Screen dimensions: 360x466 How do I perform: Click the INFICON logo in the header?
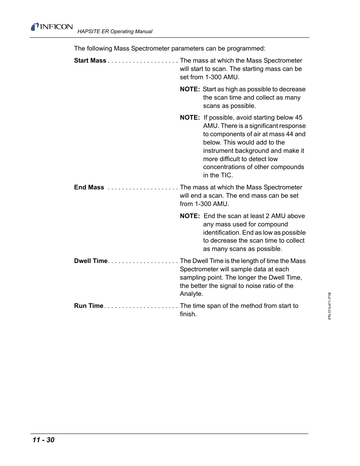(x=52, y=27)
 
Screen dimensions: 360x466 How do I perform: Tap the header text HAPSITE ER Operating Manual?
(x=115, y=32)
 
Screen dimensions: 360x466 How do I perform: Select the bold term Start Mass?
(x=90, y=61)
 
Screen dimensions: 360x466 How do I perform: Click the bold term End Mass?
(x=89, y=188)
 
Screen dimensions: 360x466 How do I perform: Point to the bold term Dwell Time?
(x=91, y=261)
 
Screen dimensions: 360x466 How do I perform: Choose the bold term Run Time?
(x=89, y=306)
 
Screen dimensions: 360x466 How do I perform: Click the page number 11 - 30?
(x=43, y=440)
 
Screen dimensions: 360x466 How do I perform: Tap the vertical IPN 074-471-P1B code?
(x=329, y=306)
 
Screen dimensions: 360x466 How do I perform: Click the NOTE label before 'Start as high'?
(x=190, y=89)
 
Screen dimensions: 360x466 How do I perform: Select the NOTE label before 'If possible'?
(x=190, y=118)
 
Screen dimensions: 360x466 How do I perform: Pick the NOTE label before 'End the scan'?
(x=190, y=216)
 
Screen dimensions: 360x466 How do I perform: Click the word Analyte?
(x=191, y=294)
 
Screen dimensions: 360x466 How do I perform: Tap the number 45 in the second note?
(x=298, y=118)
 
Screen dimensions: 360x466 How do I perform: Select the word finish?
(x=188, y=314)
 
